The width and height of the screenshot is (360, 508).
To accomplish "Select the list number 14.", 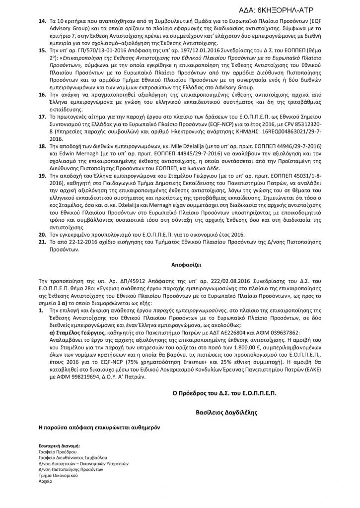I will coord(41,22).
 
